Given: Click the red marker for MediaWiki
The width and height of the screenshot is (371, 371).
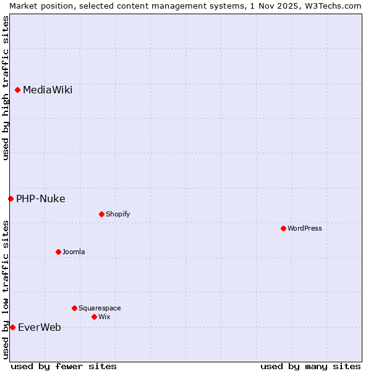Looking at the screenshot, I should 18,90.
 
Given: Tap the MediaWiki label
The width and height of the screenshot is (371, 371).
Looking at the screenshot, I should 48,90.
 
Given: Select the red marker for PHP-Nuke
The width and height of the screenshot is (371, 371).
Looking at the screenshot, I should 11,198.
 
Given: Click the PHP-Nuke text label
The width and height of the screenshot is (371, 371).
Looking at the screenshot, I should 41,199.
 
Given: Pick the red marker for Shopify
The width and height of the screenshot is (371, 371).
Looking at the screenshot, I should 101,214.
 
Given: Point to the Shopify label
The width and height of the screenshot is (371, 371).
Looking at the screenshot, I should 117,215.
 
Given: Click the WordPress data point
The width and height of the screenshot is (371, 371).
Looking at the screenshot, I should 283,228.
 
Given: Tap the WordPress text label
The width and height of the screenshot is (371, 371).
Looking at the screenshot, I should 305,229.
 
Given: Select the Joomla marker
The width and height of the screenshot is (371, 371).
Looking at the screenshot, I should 58,252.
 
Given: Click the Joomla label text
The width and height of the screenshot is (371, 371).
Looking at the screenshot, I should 74,252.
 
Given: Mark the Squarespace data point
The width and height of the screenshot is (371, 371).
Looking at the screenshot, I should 74,308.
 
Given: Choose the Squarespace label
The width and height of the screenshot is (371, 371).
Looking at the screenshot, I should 100,309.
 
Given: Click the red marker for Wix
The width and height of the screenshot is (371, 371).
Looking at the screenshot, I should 94,317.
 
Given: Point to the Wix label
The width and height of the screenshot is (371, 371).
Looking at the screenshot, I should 104,317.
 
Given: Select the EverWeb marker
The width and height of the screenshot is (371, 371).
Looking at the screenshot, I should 12,327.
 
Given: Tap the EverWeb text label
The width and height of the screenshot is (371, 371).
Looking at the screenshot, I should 40,328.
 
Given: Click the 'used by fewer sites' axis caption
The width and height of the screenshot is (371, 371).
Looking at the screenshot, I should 64,366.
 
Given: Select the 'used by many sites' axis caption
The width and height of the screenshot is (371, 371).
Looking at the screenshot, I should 310,366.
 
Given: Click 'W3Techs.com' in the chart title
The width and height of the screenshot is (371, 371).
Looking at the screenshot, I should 336,6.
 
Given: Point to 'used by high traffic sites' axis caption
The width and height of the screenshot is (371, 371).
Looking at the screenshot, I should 6,88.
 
